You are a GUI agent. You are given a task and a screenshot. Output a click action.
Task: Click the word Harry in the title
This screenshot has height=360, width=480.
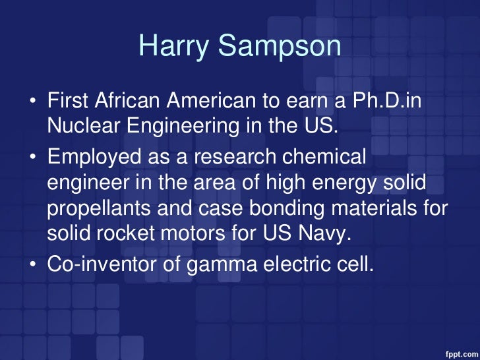(x=170, y=47)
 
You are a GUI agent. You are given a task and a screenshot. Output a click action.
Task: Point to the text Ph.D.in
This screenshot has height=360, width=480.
(x=389, y=102)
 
